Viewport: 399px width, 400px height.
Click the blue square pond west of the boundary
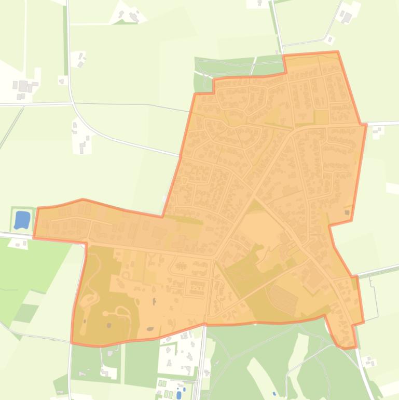click(22, 220)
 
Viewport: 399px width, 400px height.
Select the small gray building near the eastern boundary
click(347, 212)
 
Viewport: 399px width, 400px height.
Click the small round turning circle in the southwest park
click(106, 314)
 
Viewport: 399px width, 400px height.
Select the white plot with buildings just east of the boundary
click(377, 131)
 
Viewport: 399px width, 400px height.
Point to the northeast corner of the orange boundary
click(338, 52)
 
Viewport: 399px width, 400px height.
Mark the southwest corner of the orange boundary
click(72, 343)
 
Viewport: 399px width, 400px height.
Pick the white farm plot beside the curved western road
click(82, 138)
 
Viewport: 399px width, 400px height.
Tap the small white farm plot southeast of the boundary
click(369, 362)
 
